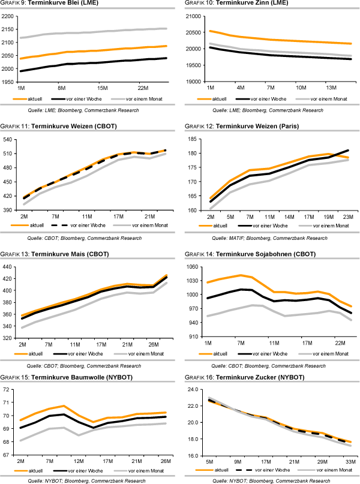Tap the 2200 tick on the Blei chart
click(10, 16)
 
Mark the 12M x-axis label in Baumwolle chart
click(78, 461)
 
